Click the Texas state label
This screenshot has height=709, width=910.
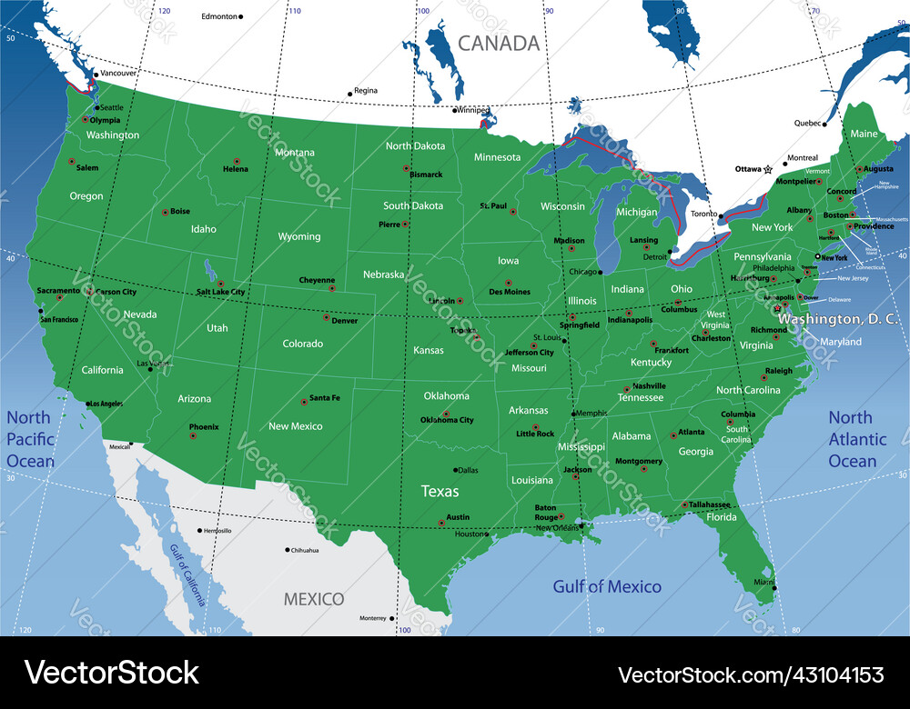[440, 492]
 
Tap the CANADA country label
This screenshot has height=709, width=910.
[499, 43]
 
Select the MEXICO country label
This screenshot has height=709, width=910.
[314, 599]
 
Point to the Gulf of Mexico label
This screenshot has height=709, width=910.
[607, 586]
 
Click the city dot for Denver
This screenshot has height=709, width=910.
[327, 317]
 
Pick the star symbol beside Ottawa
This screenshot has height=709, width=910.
[768, 169]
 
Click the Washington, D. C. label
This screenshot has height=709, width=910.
[840, 319]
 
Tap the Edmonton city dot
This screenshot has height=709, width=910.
[241, 16]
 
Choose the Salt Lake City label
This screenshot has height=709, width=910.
[220, 292]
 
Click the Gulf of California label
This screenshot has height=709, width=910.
[187, 574]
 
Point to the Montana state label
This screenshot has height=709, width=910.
[295, 153]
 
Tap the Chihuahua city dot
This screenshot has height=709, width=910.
[288, 550]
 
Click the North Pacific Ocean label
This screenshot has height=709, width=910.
[30, 439]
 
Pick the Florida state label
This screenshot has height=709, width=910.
[723, 517]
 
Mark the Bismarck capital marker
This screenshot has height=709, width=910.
[406, 168]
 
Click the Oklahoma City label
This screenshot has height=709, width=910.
[447, 420]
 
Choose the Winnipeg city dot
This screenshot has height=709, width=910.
[455, 111]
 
